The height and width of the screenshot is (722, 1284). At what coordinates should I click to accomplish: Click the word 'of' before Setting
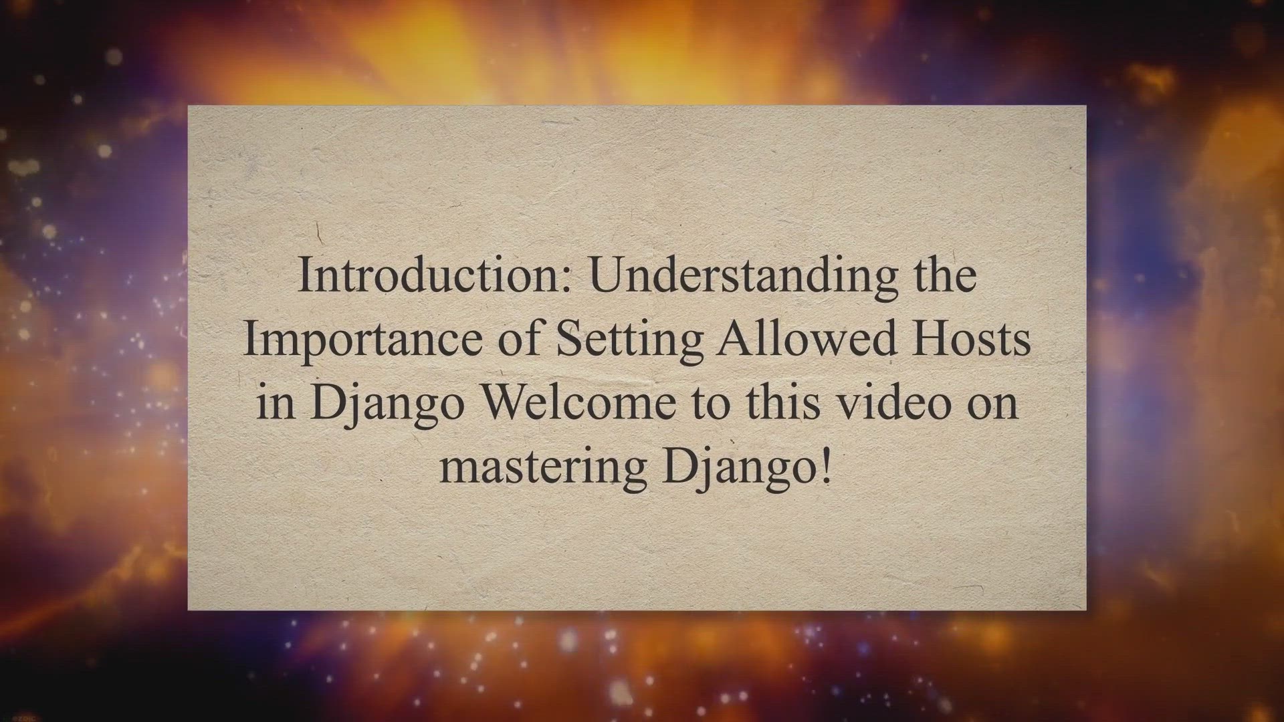[520, 338]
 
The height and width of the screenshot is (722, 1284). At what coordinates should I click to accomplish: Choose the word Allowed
[807, 338]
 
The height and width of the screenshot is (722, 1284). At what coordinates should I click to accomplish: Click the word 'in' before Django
[276, 402]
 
